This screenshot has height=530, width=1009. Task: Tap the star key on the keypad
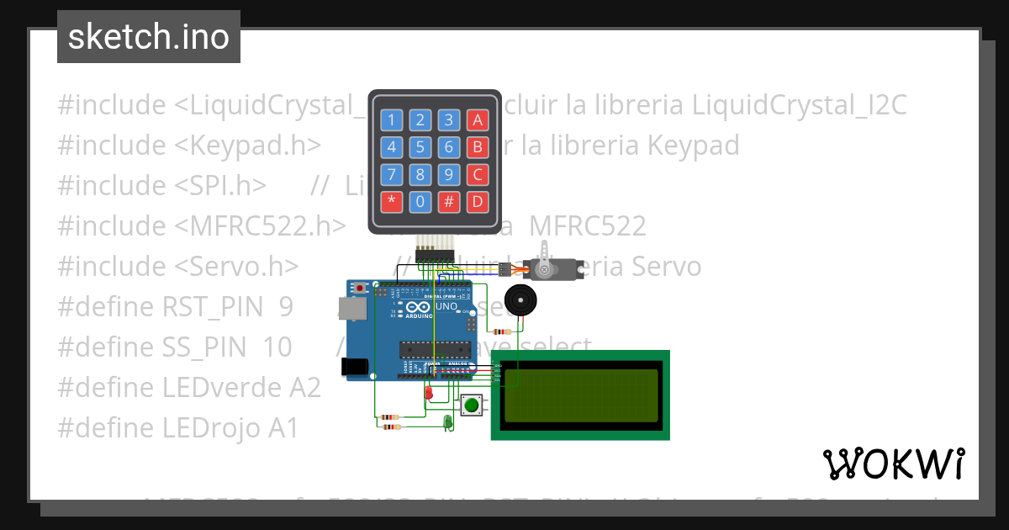pyautogui.click(x=392, y=202)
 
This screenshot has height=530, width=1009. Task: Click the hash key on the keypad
pyautogui.click(x=450, y=202)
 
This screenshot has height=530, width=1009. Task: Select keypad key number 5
pyautogui.click(x=421, y=148)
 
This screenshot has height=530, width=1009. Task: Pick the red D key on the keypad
pyautogui.click(x=478, y=202)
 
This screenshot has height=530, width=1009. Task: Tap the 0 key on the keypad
pyautogui.click(x=421, y=202)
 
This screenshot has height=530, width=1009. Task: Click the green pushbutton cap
pyautogui.click(x=472, y=405)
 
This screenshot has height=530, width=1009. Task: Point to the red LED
pyautogui.click(x=429, y=392)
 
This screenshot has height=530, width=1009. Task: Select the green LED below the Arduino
pyautogui.click(x=447, y=420)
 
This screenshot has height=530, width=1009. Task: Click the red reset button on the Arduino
pyautogui.click(x=361, y=288)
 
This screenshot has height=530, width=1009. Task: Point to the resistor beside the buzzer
pyautogui.click(x=504, y=331)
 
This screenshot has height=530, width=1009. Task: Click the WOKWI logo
pyautogui.click(x=893, y=464)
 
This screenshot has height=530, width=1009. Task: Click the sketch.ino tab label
pyautogui.click(x=149, y=37)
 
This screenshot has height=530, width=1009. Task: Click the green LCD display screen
pyautogui.click(x=580, y=395)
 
